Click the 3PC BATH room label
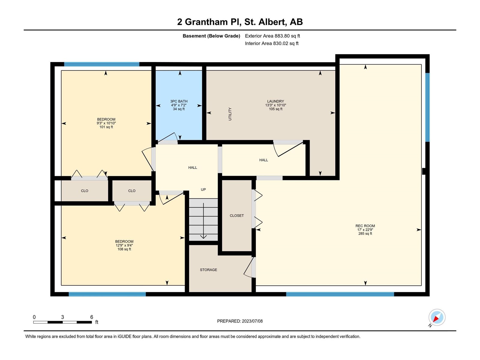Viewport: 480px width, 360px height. pyautogui.click(x=179, y=101)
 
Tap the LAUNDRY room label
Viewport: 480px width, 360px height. pyautogui.click(x=275, y=101)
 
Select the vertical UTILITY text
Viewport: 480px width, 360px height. pyautogui.click(x=230, y=114)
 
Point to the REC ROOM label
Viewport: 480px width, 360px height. pyautogui.click(x=365, y=226)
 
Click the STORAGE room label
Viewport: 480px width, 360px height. pyautogui.click(x=208, y=270)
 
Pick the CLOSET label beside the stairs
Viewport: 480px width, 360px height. pyautogui.click(x=237, y=215)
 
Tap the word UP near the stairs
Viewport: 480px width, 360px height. pyautogui.click(x=203, y=190)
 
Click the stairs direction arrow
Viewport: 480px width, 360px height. pyautogui.click(x=204, y=221)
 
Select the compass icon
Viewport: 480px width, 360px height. pyautogui.click(x=437, y=317)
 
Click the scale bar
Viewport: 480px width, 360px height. pyautogui.click(x=62, y=322)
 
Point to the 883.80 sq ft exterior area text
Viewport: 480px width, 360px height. pyautogui.click(x=287, y=36)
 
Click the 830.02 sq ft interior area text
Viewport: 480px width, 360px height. pyautogui.click(x=286, y=43)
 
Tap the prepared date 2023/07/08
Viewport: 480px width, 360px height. pyautogui.click(x=252, y=321)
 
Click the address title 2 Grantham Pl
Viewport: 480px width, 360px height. pyautogui.click(x=209, y=22)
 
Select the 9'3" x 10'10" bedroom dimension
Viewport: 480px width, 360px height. pyautogui.click(x=106, y=123)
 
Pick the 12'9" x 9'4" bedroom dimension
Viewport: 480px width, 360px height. pyautogui.click(x=124, y=245)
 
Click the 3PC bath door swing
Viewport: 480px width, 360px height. pyautogui.click(x=168, y=138)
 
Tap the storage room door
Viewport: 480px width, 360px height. pyautogui.click(x=250, y=268)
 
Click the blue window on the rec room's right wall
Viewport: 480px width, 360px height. pyautogui.click(x=427, y=107)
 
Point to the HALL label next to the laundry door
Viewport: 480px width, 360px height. pyautogui.click(x=263, y=160)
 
